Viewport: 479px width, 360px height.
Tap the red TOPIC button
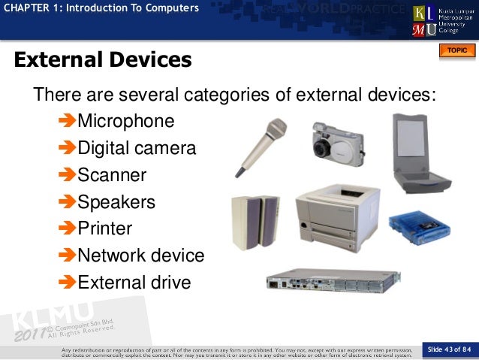456,50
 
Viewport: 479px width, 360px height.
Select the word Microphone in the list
126,121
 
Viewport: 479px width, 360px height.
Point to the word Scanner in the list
112,175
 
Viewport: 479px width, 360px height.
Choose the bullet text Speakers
116,202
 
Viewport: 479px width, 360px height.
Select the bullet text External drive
134,283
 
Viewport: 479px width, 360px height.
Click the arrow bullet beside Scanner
67,175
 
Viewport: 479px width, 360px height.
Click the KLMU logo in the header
424,21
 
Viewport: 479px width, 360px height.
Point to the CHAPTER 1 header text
101,8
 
